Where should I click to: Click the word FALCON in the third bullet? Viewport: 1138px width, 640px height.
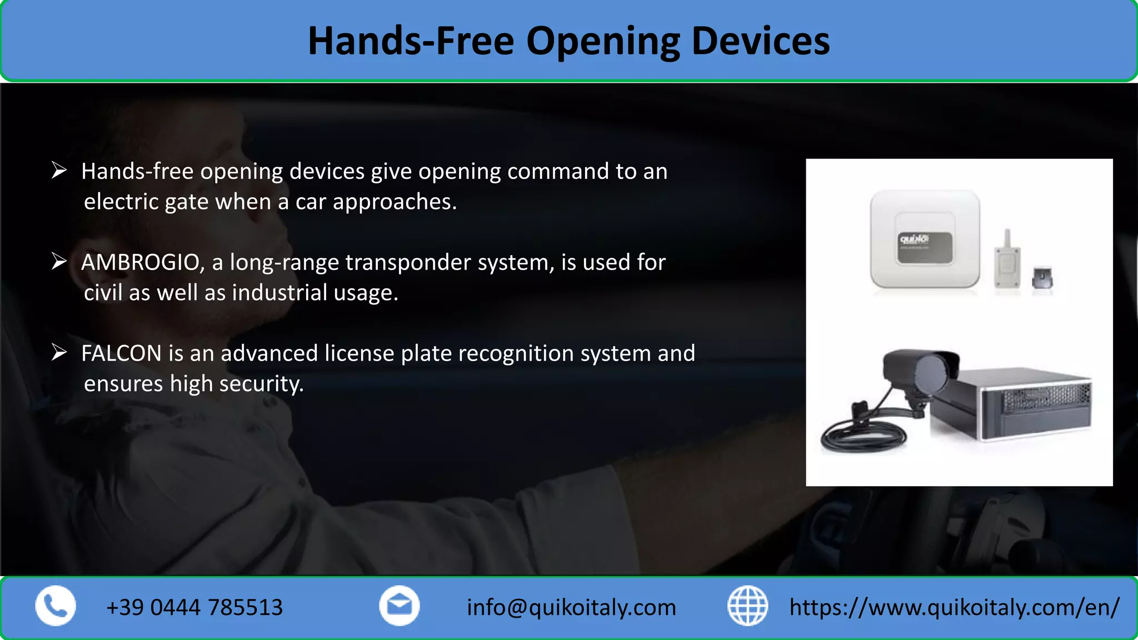click(121, 353)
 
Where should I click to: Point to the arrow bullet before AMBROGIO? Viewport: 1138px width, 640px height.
click(59, 261)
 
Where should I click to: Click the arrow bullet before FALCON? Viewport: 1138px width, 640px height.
click(59, 352)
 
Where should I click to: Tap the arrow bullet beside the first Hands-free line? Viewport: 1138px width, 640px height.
click(59, 170)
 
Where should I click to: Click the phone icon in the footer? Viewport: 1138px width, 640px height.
click(56, 606)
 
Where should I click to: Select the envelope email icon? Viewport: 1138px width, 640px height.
click(399, 606)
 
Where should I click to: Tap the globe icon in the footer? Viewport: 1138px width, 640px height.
click(747, 606)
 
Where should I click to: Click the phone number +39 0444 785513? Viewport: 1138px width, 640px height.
click(194, 608)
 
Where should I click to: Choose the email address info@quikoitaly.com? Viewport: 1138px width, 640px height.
click(571, 608)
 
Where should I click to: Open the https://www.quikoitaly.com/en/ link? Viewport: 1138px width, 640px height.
click(954, 608)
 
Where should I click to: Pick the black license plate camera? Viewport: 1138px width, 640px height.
click(922, 372)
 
